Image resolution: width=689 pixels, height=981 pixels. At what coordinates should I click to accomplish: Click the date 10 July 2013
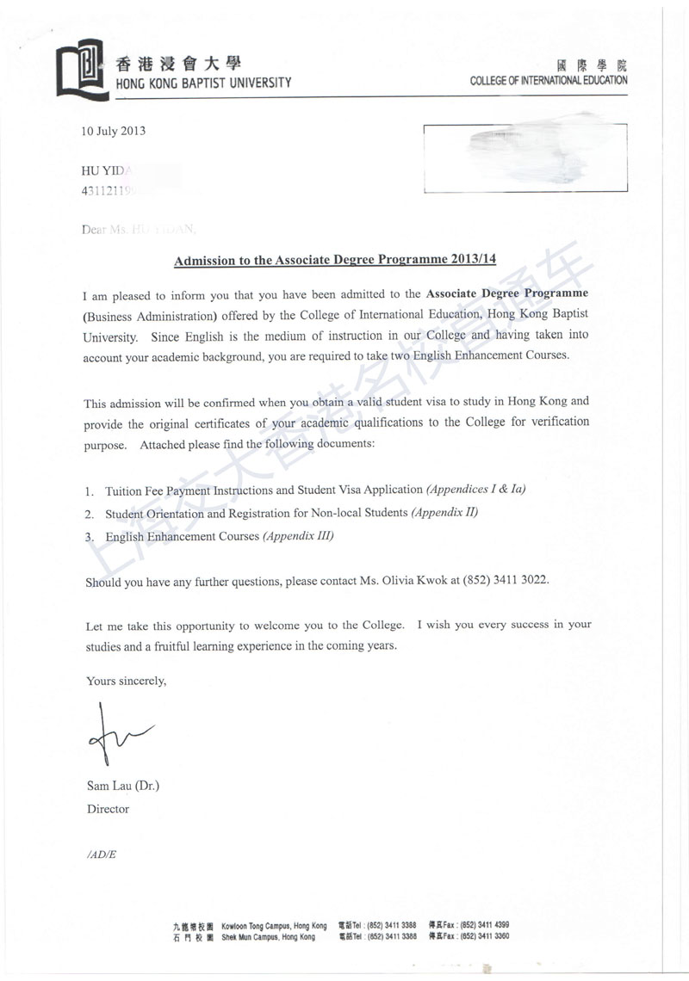click(x=113, y=132)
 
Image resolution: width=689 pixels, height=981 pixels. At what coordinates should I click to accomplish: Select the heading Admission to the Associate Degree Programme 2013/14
click(x=335, y=259)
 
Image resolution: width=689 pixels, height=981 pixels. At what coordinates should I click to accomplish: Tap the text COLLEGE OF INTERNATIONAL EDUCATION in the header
click(x=549, y=81)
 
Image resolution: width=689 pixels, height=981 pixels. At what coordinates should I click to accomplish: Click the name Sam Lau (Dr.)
click(x=123, y=786)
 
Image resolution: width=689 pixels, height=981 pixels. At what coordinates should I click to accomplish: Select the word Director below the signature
click(x=108, y=809)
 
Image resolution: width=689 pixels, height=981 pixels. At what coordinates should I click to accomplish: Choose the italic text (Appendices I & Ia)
click(x=475, y=490)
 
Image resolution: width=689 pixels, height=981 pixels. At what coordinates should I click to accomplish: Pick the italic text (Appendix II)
click(x=444, y=513)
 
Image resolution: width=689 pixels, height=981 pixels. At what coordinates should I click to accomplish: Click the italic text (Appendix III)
click(x=298, y=536)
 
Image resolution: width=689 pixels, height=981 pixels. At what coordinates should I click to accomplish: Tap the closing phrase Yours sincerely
click(x=126, y=681)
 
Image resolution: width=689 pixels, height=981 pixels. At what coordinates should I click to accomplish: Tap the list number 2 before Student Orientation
click(x=89, y=514)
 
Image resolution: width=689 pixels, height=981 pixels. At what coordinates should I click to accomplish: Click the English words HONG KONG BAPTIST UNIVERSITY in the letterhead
click(x=203, y=83)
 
